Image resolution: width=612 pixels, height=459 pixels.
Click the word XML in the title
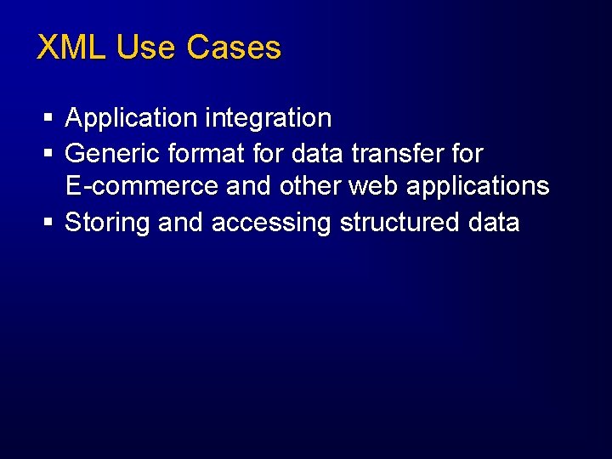72,48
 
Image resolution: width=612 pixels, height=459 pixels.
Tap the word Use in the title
146,48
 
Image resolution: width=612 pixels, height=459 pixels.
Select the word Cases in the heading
234,48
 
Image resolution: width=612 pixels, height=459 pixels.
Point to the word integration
268,119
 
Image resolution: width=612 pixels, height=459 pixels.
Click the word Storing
107,224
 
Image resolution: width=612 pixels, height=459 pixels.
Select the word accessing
271,224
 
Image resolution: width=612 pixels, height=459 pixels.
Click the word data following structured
494,223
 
